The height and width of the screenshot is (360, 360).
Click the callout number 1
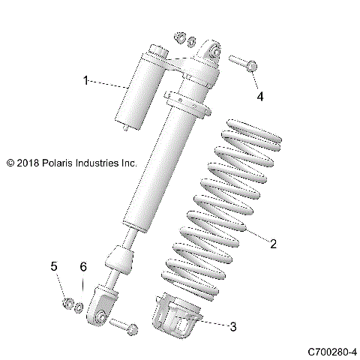[x=86, y=79]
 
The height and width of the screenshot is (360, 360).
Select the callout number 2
[x=274, y=244]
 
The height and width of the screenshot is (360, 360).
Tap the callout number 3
[x=233, y=326]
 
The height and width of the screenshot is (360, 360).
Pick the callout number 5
[x=54, y=266]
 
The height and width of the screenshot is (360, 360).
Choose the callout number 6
[x=84, y=266]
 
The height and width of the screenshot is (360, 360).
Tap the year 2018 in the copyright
[x=27, y=161]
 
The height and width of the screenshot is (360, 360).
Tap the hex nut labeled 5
[x=66, y=304]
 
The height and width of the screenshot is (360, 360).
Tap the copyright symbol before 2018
[x=10, y=161]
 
